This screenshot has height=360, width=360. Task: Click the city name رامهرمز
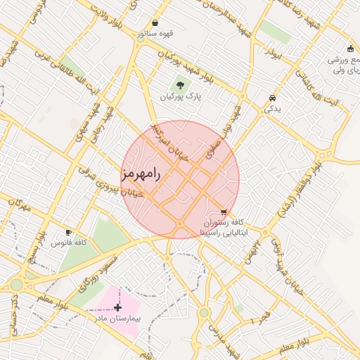(x=141, y=174)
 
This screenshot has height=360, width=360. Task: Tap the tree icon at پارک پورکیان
(x=181, y=86)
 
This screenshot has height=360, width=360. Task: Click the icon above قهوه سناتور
(x=155, y=22)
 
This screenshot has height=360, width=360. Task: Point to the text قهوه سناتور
(x=155, y=33)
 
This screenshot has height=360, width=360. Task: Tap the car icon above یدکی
(x=272, y=98)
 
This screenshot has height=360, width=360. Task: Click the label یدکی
(x=271, y=110)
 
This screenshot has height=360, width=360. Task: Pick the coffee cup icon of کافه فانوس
(x=68, y=232)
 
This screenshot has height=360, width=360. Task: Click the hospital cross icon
(x=117, y=307)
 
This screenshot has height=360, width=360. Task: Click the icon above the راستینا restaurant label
(x=224, y=211)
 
